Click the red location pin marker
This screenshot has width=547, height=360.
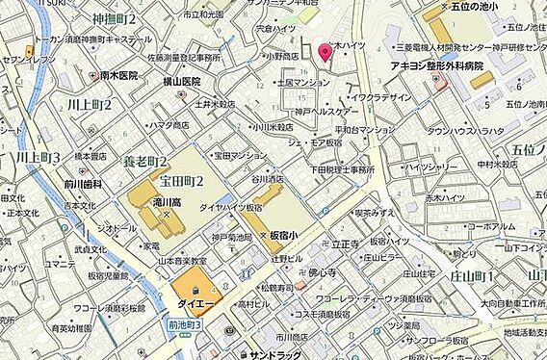click(326, 52)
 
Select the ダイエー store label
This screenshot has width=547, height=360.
click(193, 301)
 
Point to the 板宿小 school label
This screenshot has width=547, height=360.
click(289, 234)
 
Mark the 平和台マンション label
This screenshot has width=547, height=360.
click(365, 129)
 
